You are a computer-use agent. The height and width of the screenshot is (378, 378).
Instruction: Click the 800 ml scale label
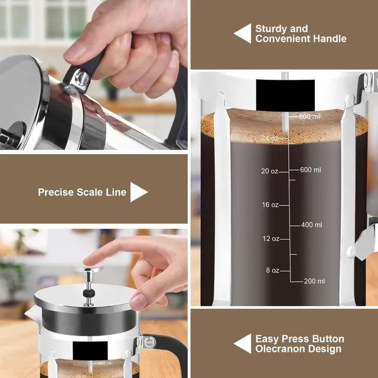[x=309, y=116]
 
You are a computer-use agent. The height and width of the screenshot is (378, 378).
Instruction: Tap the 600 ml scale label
[x=310, y=170]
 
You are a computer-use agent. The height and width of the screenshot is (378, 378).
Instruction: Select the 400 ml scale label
[x=311, y=225]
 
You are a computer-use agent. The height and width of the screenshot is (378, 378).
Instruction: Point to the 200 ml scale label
[x=314, y=281]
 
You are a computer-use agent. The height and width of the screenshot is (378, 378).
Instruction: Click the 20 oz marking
[x=269, y=171]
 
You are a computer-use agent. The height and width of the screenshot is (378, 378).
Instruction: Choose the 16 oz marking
[x=270, y=205]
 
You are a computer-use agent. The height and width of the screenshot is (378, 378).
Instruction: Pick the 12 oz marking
[x=271, y=239]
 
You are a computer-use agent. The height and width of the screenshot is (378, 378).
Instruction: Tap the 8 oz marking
[x=272, y=271]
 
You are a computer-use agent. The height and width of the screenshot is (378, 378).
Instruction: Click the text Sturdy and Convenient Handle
[x=300, y=34]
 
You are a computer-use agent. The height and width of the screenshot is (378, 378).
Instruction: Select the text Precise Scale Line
[x=82, y=192]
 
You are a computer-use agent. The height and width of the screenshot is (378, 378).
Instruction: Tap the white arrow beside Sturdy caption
[x=242, y=34]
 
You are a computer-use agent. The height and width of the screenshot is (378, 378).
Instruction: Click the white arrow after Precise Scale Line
[x=138, y=192]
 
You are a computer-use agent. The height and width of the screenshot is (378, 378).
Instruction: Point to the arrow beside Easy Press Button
[x=242, y=344]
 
